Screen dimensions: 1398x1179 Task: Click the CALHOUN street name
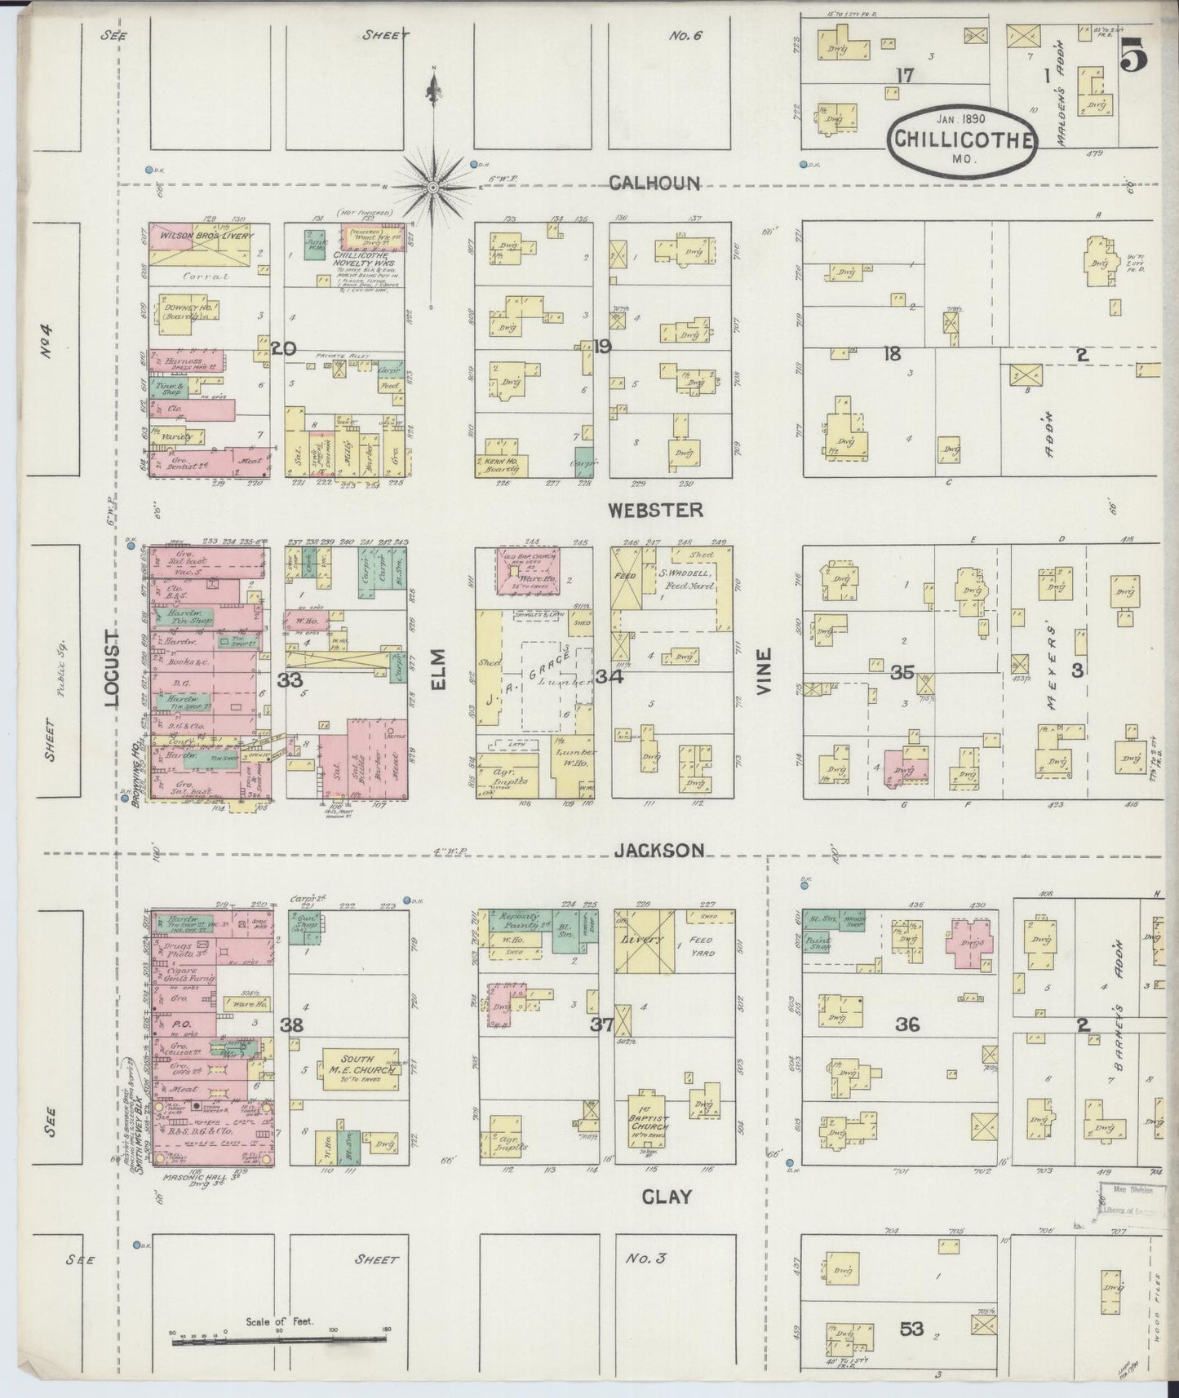click(655, 183)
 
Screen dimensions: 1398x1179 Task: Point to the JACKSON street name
click(659, 851)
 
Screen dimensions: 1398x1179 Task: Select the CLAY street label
click(666, 1197)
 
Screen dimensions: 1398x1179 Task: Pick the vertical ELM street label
click(438, 670)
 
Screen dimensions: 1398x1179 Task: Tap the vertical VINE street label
click(765, 670)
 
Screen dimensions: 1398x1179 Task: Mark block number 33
click(290, 680)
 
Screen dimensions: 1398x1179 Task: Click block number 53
click(911, 1329)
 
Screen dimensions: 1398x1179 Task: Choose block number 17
click(904, 76)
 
